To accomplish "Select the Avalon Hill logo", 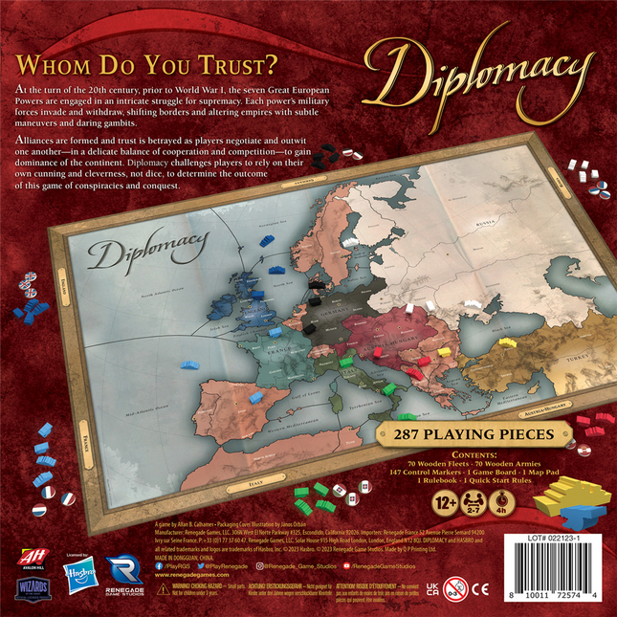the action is click(31, 558).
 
